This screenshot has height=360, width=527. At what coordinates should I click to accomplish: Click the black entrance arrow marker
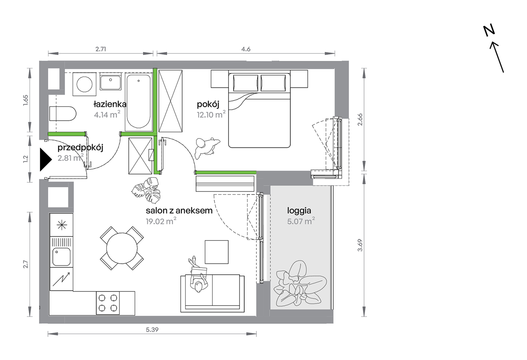[x=45, y=159]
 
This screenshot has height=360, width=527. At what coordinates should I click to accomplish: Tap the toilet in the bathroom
[x=63, y=113]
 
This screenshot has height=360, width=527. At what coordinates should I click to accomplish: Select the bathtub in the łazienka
[x=139, y=102]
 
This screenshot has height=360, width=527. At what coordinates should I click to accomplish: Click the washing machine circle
[x=84, y=84]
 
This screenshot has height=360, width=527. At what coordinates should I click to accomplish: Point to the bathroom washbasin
[x=110, y=82]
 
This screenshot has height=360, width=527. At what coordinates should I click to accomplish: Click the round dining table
[x=122, y=248]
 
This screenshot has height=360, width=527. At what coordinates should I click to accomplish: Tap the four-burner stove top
[x=108, y=303]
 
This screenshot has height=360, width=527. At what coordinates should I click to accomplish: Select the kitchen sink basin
[x=61, y=257]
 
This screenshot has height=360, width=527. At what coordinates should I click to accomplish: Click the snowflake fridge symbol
[x=62, y=225]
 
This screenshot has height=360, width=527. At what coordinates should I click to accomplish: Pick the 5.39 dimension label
[x=152, y=329]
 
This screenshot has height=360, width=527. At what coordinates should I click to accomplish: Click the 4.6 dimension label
[x=246, y=49]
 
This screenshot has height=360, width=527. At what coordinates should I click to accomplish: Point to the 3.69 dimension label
[x=360, y=245]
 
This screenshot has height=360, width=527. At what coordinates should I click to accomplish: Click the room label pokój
[x=208, y=104]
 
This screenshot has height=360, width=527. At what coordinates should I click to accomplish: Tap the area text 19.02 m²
[x=161, y=221]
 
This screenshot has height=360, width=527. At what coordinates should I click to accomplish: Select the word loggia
[x=299, y=211]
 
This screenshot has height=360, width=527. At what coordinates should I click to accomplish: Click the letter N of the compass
[x=489, y=31]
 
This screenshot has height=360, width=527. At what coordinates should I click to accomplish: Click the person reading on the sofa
[x=198, y=275]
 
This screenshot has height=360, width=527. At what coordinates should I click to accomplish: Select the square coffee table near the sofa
[x=217, y=252]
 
